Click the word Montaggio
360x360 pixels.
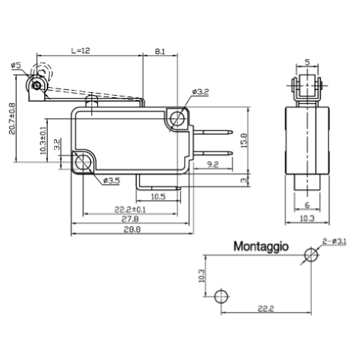[x=261, y=247]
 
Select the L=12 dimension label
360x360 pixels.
[x=81, y=50]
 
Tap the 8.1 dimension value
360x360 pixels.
[x=160, y=51]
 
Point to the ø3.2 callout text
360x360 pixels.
[x=201, y=91]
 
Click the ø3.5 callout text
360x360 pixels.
[x=112, y=181]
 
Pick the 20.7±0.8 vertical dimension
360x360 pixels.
[x=12, y=119]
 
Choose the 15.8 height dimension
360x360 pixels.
[x=244, y=140]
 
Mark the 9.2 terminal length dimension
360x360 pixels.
[x=212, y=164]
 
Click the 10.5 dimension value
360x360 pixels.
[x=158, y=197]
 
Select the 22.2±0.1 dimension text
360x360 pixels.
[x=130, y=210]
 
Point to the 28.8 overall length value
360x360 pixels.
[x=132, y=230]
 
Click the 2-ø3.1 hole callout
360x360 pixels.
[x=334, y=241]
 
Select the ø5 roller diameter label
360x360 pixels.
[x=17, y=65]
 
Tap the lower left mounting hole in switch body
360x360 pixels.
[x=83, y=162]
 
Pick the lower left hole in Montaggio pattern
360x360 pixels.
[x=221, y=297]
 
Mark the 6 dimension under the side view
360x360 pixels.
[x=307, y=205]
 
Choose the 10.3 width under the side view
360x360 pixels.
[x=307, y=218]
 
